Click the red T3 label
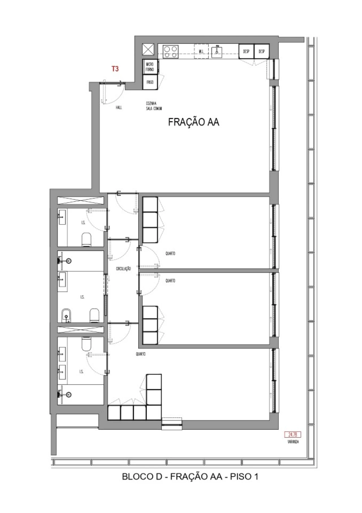pos(115,69)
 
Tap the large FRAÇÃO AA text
pos(194,122)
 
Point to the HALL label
pos(119,108)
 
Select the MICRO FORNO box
pos(150,67)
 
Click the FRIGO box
pos(150,82)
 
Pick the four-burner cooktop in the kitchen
pos(171,52)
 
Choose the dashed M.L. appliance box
pos(201,51)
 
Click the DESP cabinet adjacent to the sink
pos(246,51)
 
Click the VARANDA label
pos(293,442)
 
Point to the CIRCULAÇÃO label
pos(123,269)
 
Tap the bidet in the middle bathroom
pos(66,316)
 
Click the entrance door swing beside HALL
pos(113,93)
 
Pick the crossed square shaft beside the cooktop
pos(148,50)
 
